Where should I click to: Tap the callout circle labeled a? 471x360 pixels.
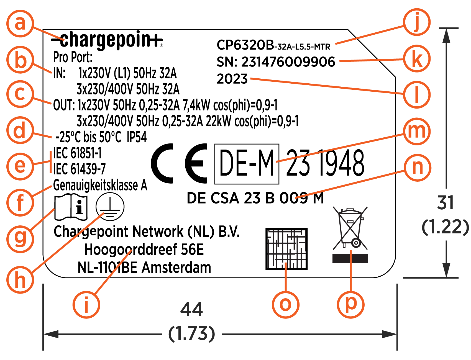20,23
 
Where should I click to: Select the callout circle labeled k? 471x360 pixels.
417,59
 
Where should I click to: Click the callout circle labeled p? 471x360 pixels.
350,304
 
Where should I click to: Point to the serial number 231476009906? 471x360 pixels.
288,62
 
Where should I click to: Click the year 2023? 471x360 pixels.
232,79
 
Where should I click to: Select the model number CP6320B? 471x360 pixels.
245,45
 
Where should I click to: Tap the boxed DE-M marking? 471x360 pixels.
247,164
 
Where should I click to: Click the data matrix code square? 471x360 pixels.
286,249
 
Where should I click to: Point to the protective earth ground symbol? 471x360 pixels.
110,207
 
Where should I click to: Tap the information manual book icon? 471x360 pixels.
71,207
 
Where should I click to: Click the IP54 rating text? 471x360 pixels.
137,137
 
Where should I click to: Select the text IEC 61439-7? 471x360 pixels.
80,169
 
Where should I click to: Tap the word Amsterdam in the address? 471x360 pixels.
176,268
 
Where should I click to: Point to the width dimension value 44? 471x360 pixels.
191,309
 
